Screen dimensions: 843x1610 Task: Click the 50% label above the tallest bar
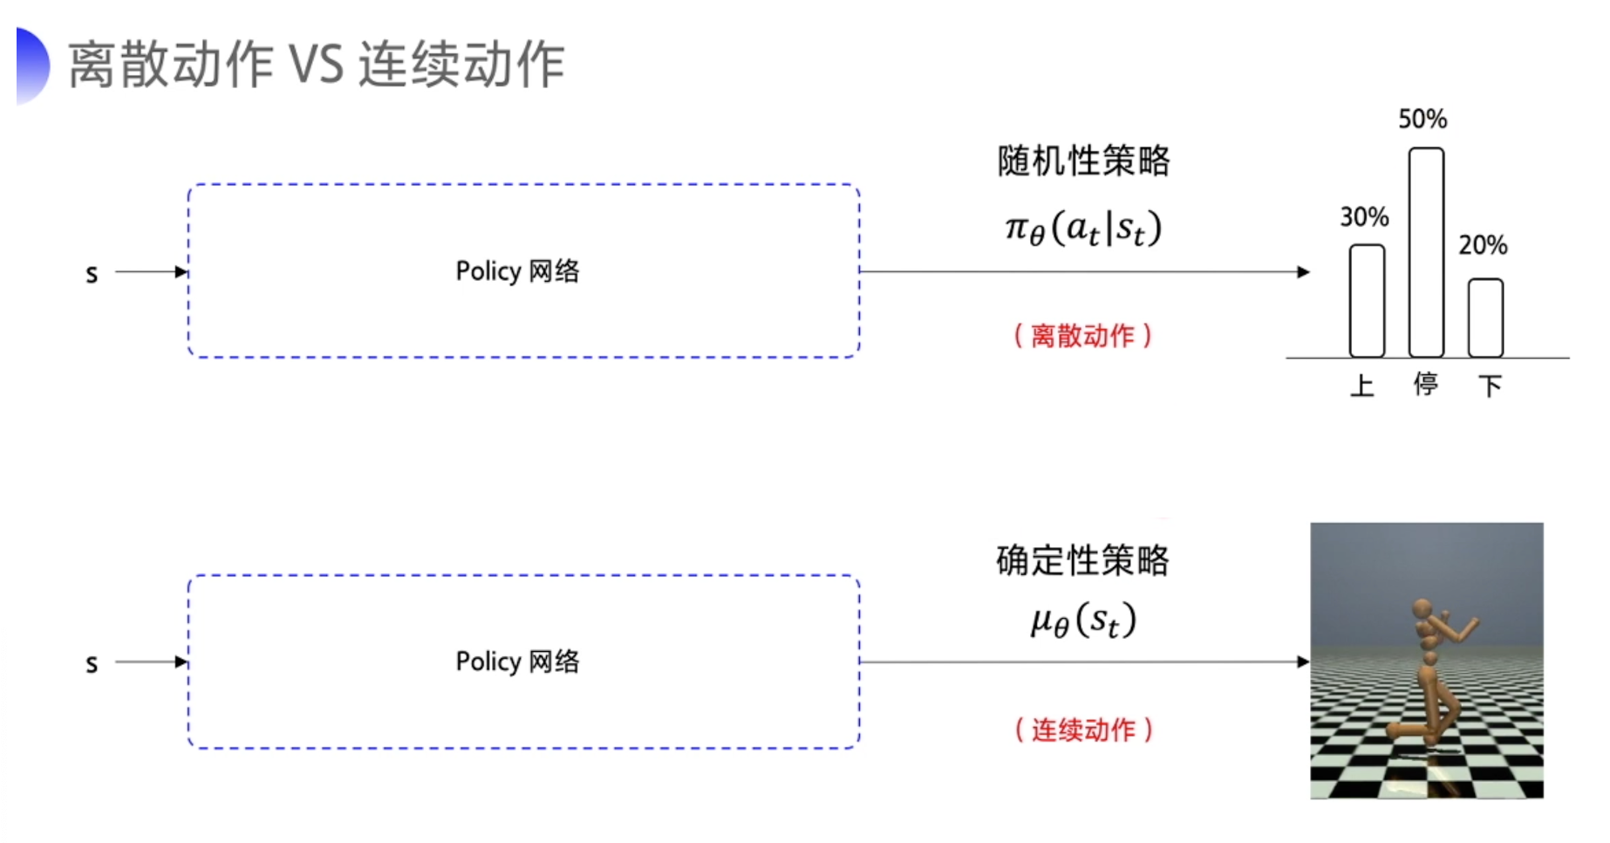(x=1422, y=119)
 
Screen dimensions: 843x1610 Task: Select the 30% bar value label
(x=1364, y=216)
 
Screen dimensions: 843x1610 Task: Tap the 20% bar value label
(x=1483, y=245)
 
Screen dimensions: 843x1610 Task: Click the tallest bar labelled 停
(x=1426, y=253)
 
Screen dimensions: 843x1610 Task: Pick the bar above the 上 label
(x=1367, y=301)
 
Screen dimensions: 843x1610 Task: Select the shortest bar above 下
(x=1485, y=318)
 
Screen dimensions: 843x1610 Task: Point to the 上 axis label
(x=1362, y=385)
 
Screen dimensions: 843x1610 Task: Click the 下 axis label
(x=1490, y=385)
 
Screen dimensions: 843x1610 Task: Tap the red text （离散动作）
(x=1082, y=336)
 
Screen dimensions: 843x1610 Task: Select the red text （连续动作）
(x=1083, y=730)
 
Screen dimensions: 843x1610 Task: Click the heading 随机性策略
(x=1083, y=161)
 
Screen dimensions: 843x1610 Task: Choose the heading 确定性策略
(x=1082, y=560)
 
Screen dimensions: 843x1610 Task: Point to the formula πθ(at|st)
(x=1083, y=229)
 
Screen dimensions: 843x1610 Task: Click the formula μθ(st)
(x=1083, y=620)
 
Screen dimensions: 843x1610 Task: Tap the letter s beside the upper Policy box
(x=92, y=274)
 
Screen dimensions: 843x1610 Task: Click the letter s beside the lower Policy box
(x=92, y=664)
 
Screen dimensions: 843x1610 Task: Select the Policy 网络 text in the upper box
(x=517, y=271)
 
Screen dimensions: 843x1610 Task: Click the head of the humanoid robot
(x=1422, y=607)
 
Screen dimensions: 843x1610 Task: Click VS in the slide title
(x=316, y=65)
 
